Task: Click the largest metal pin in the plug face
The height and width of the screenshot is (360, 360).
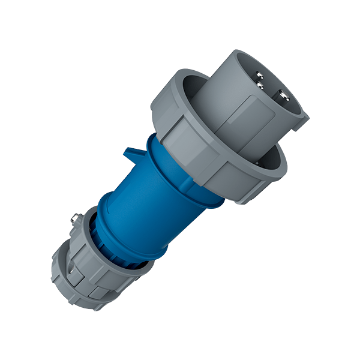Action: pyautogui.click(x=281, y=96)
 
